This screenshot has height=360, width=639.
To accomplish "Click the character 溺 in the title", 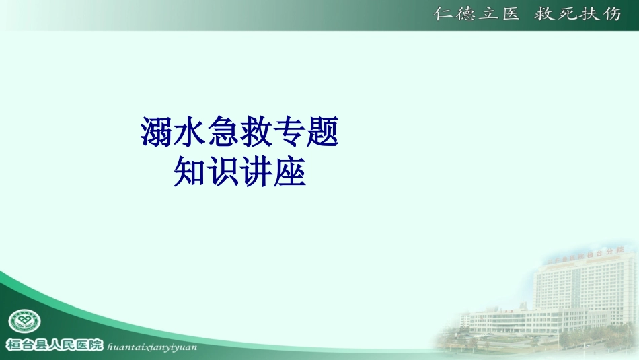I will [x=156, y=132].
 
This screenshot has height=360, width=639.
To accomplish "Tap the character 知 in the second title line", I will [x=190, y=172].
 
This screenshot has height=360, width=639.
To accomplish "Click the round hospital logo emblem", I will [x=24, y=322].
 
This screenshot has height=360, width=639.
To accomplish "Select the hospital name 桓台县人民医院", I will [x=54, y=345].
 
